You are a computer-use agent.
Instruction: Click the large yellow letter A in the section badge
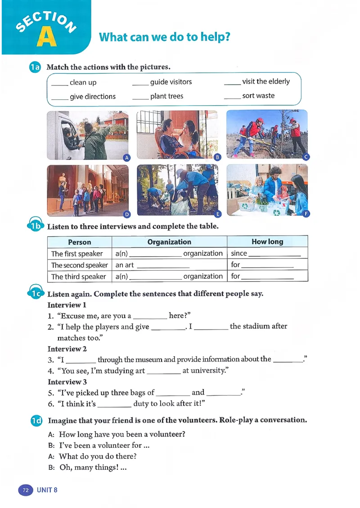tap(47, 37)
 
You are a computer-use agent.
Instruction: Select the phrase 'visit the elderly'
tap(265, 81)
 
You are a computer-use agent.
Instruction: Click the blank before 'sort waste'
tap(232, 96)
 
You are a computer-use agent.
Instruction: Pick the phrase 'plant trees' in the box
tap(166, 96)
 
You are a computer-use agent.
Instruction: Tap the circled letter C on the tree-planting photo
tap(306, 157)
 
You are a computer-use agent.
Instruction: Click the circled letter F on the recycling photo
tap(306, 214)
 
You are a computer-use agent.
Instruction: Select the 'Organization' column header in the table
tap(169, 242)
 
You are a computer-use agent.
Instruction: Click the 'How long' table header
tap(267, 242)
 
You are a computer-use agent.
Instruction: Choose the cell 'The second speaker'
tap(79, 265)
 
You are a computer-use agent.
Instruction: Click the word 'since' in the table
tap(239, 253)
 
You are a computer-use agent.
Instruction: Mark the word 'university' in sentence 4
tap(203, 370)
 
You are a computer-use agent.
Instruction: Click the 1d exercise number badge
tap(36, 421)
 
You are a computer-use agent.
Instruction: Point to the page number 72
tap(25, 490)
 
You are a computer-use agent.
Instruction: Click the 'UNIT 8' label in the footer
tap(47, 490)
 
